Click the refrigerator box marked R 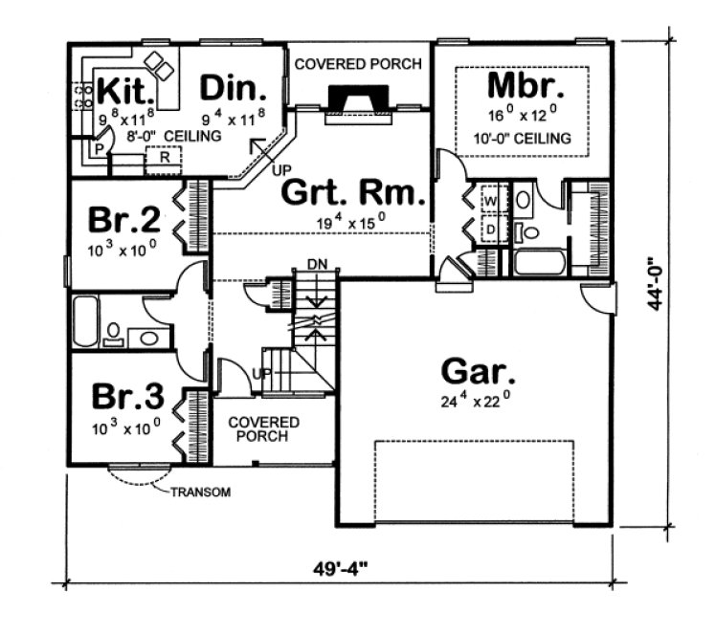(165, 157)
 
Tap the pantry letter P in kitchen (99, 150)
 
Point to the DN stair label (316, 264)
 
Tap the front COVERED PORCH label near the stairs (264, 429)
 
